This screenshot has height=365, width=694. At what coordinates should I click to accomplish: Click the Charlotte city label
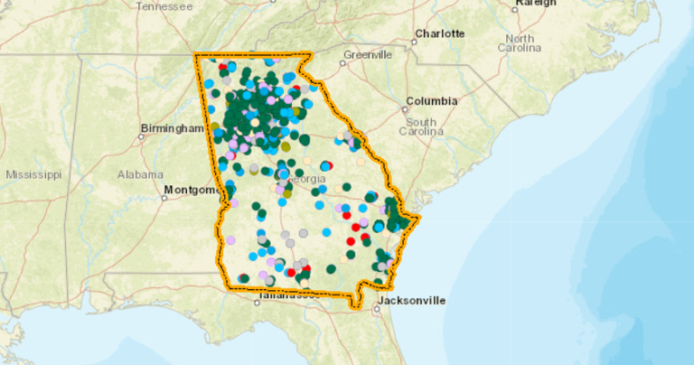[x=439, y=34]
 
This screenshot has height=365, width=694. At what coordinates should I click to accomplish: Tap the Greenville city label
[x=369, y=54]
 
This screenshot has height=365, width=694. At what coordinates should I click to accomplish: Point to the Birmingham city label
[x=173, y=129]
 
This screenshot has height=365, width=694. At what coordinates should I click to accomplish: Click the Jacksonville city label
[x=411, y=300]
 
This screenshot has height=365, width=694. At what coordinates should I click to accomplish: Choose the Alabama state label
[x=139, y=173]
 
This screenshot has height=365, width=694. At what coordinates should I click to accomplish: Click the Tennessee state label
[x=164, y=6]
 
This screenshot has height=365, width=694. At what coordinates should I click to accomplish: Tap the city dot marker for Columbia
[x=403, y=108]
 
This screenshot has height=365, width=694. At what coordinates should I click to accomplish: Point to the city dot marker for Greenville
[x=343, y=62]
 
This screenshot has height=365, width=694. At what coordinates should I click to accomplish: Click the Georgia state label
[x=307, y=180]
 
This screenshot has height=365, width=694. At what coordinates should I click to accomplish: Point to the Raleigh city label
[x=530, y=4]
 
